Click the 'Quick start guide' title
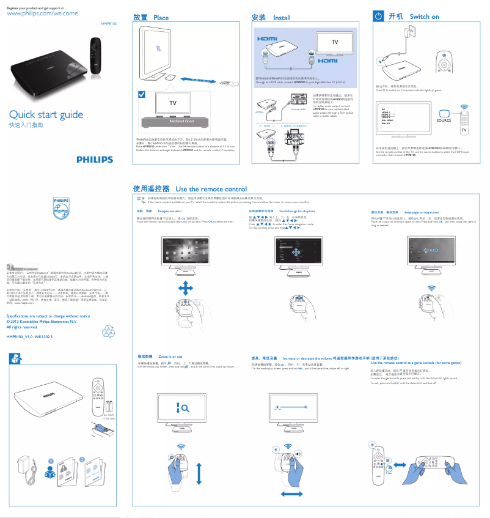click(x=45, y=114)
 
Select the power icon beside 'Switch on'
click(x=378, y=17)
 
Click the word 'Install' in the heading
click(x=282, y=18)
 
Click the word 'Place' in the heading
click(x=161, y=18)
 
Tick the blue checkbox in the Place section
click(x=142, y=94)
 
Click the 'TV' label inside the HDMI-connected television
click(x=334, y=42)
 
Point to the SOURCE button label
click(x=444, y=120)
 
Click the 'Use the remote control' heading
click(x=211, y=189)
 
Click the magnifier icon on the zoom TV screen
click(x=184, y=406)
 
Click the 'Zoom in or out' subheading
click(x=170, y=356)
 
